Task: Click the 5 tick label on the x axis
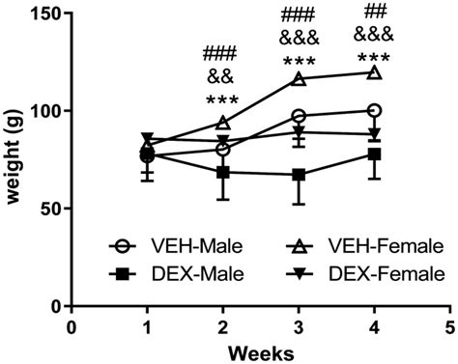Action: click(x=449, y=326)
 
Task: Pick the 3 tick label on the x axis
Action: click(x=299, y=326)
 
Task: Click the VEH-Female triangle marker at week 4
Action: click(x=374, y=73)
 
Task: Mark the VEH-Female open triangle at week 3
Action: click(x=299, y=78)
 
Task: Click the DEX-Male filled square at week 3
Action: click(x=299, y=175)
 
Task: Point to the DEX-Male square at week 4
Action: click(x=374, y=154)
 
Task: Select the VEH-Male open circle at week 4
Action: click(x=374, y=110)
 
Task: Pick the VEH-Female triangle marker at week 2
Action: click(x=223, y=123)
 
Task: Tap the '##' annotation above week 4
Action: click(x=374, y=13)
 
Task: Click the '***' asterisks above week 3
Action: click(x=299, y=61)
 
